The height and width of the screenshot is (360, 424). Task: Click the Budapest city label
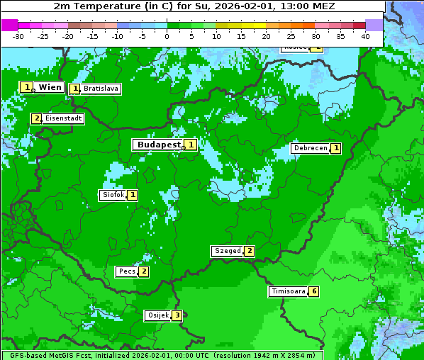[159, 145]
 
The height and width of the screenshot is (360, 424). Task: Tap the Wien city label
[50, 87]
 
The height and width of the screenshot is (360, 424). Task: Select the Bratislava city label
[100, 89]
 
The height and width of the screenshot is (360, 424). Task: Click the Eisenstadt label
[63, 118]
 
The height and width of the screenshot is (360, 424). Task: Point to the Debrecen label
[311, 148]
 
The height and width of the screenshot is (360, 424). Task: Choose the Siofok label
[113, 195]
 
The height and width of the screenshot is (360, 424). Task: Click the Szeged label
[227, 251]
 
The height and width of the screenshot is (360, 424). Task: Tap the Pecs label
[127, 271]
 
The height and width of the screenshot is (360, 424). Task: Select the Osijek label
[158, 315]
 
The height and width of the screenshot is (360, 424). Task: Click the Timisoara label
[289, 291]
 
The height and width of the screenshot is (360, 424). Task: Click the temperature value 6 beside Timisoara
[314, 291]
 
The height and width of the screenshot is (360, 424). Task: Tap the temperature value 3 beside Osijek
[177, 315]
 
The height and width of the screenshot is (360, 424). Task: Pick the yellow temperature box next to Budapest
[190, 145]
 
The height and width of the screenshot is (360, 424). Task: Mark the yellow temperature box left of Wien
[26, 87]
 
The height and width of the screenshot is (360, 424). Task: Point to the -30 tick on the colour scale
[18, 36]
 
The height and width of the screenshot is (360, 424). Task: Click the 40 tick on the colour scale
[365, 36]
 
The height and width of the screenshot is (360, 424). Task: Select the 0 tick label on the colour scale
[167, 36]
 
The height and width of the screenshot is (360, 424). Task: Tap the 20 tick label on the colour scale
[266, 36]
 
